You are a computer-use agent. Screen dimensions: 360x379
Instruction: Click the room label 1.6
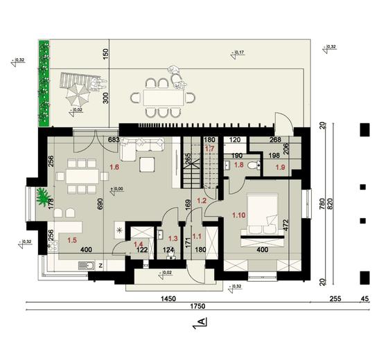click(114, 167)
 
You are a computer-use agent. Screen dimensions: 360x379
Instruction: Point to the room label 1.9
click(281, 167)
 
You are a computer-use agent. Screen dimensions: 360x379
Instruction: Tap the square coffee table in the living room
click(147, 165)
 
